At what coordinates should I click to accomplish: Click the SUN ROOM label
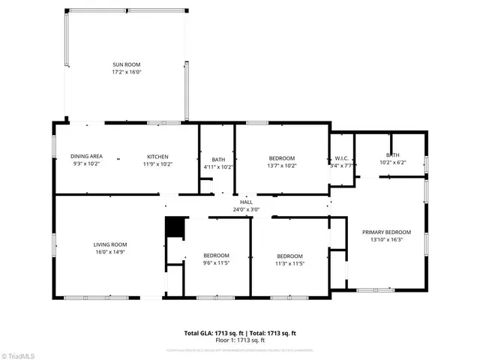point(126,64)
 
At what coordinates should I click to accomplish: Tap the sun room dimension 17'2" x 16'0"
point(126,72)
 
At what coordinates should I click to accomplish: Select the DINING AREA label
point(88,156)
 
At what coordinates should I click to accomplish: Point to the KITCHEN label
point(157,156)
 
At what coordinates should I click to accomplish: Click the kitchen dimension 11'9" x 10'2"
point(157,163)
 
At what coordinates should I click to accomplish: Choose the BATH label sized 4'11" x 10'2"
point(218,159)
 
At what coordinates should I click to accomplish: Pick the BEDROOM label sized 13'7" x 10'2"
point(282,157)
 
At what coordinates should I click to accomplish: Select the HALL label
point(246,202)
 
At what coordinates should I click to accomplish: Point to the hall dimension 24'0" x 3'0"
point(246,209)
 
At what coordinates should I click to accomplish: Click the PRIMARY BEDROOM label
point(387,232)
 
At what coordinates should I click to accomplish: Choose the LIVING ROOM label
point(110,244)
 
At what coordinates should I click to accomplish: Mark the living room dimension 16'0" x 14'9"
point(110,252)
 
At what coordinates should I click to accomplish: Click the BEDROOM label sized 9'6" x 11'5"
point(216,255)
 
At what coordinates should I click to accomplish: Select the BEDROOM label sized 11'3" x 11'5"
point(289,255)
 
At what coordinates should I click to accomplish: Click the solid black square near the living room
point(174,227)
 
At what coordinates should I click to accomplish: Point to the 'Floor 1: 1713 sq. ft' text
point(240,340)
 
